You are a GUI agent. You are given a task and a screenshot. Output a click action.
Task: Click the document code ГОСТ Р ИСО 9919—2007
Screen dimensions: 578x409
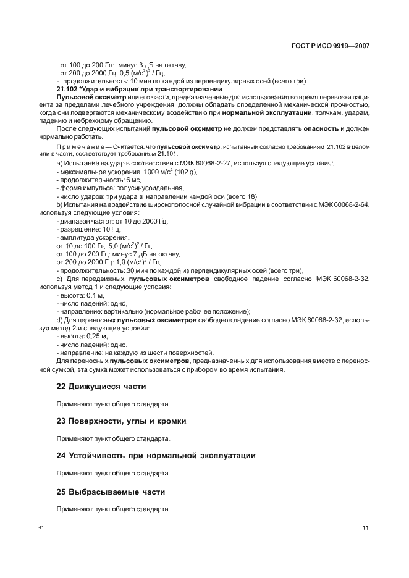330,46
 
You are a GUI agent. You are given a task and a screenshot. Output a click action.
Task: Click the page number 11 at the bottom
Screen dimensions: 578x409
366,527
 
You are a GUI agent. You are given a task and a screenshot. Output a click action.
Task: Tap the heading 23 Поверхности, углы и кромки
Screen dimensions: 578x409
121,421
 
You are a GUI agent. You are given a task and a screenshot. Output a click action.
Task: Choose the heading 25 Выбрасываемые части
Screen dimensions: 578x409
111,492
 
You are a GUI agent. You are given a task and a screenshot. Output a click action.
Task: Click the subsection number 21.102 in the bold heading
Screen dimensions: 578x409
67,90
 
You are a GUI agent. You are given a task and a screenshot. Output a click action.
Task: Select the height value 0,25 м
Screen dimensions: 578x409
96,336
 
